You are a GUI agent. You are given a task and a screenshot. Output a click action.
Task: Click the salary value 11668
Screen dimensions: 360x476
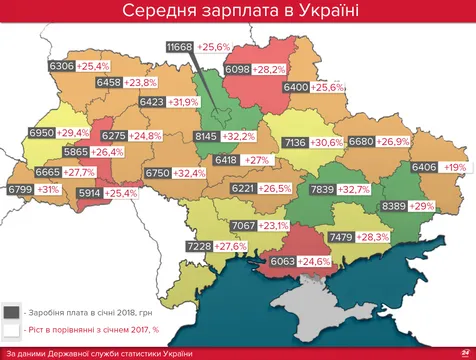click(x=180, y=47)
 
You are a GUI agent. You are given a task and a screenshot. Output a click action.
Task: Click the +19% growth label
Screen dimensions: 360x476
click(x=455, y=167)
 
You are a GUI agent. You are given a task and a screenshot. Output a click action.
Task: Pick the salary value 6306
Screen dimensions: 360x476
click(x=62, y=66)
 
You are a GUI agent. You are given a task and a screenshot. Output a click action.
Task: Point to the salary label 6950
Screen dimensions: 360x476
click(x=42, y=132)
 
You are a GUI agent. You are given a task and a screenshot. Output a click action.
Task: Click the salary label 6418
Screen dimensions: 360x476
click(x=227, y=160)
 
